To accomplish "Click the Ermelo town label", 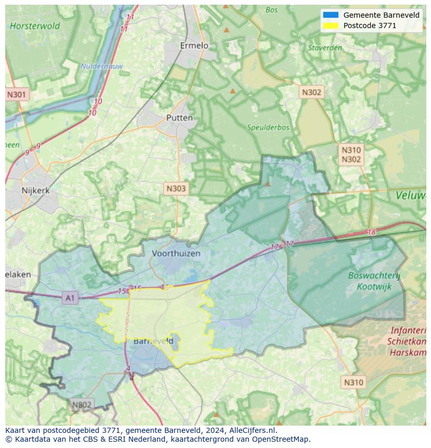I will [x=194, y=46].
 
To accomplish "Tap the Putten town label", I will [x=180, y=118].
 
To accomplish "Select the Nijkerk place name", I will [x=36, y=190].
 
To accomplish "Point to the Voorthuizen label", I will [x=176, y=253].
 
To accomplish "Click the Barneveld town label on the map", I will [x=153, y=341].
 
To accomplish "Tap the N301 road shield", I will [x=17, y=95].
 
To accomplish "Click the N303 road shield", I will [x=175, y=188].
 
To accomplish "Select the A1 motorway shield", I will [x=70, y=298].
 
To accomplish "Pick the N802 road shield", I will [x=82, y=404].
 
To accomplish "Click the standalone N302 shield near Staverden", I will [x=312, y=92].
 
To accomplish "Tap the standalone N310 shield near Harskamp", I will [x=353, y=382].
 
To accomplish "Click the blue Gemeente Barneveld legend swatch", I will [x=331, y=15].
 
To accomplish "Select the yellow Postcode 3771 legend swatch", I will [x=331, y=25].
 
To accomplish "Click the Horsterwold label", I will [x=35, y=25].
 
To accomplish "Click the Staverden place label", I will [x=325, y=48].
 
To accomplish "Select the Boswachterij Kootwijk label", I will [x=374, y=281].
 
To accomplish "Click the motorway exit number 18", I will [x=371, y=232].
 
